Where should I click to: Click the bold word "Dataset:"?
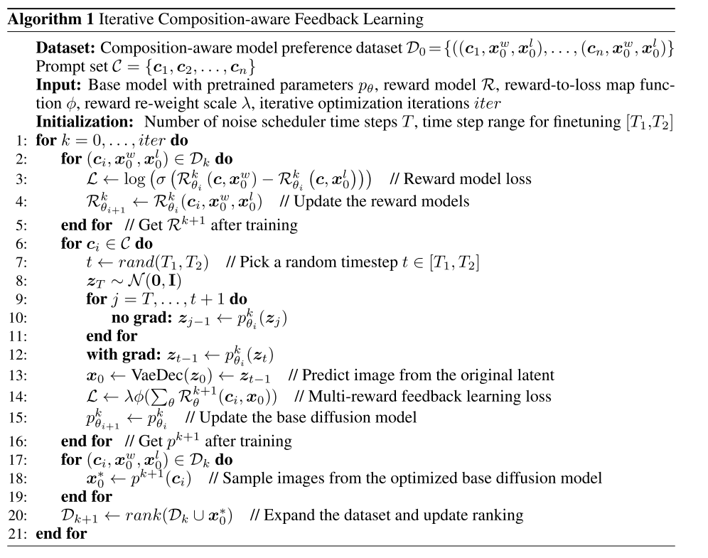point(62,50)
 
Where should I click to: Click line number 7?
point(21,262)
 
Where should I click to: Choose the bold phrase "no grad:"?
point(139,318)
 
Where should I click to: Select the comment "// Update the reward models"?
point(374,202)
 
